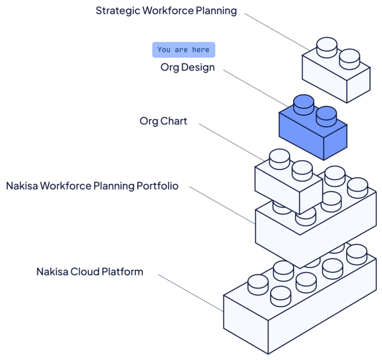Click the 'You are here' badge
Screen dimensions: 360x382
click(x=184, y=50)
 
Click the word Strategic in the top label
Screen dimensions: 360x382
click(x=117, y=10)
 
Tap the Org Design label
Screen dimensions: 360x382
click(x=188, y=68)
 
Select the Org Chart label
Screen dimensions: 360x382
click(x=163, y=121)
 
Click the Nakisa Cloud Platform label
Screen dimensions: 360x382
click(x=90, y=272)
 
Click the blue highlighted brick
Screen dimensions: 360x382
click(x=312, y=132)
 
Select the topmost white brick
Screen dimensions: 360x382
click(x=336, y=75)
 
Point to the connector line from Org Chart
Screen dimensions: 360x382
click(x=231, y=141)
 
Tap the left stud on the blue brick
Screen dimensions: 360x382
click(x=303, y=104)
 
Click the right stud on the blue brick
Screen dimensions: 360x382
click(x=326, y=115)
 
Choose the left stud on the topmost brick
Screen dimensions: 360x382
click(x=327, y=45)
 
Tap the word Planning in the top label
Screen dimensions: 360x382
click(x=215, y=10)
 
